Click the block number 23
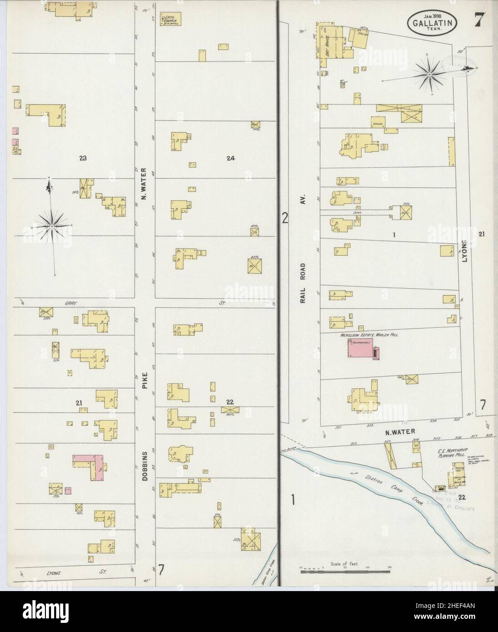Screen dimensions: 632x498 (83, 158)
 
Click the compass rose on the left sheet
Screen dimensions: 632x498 (52, 225)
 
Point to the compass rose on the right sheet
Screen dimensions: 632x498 (429, 73)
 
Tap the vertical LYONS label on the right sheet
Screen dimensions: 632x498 (464, 255)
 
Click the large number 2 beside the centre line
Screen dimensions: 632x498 (285, 218)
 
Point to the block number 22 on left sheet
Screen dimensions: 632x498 (229, 401)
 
